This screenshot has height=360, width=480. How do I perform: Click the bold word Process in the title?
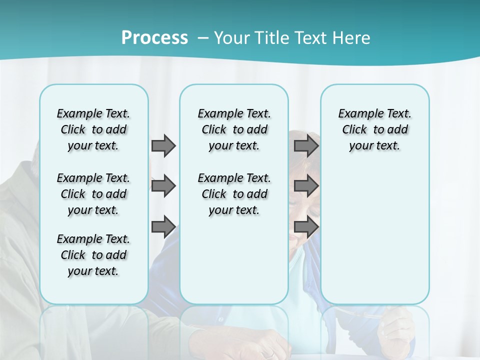click(x=154, y=38)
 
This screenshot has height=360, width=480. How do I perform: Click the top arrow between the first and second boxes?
click(x=163, y=145)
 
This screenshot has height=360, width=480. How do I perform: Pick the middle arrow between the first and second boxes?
click(x=163, y=186)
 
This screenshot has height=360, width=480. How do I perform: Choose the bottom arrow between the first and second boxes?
click(x=163, y=227)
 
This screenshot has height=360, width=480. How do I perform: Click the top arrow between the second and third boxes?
click(x=306, y=145)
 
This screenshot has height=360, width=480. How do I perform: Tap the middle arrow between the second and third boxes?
click(x=306, y=186)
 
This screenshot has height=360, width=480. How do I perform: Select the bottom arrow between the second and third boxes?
click(x=306, y=227)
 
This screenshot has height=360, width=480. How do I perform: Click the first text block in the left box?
click(x=93, y=129)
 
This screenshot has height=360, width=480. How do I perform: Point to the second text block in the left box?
click(x=93, y=194)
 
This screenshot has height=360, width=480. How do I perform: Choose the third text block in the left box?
click(x=93, y=255)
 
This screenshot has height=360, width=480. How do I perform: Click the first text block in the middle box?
click(x=234, y=129)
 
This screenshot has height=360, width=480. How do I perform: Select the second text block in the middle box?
click(x=234, y=194)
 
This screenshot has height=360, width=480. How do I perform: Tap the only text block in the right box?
click(x=374, y=129)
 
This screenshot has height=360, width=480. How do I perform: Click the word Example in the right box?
click(x=357, y=113)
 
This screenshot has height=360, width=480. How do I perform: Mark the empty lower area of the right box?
click(x=374, y=230)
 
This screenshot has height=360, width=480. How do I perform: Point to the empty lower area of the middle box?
click(x=234, y=260)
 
